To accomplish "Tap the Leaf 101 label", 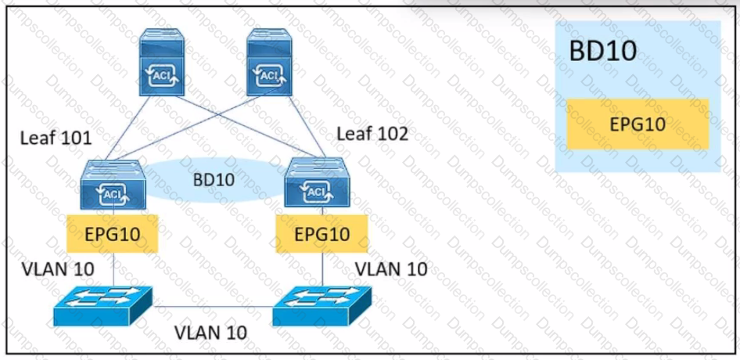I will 56,139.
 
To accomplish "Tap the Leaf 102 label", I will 372,133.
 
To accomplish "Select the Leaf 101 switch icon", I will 113,185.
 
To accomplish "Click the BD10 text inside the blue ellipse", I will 214,179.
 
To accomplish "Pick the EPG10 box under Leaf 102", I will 322,233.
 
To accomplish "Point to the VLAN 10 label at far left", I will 59,269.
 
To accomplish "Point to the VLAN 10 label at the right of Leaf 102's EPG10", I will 391,269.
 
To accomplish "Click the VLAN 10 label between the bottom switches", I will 210,332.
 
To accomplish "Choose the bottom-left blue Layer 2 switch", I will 103,306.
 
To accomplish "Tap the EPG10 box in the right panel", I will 637,124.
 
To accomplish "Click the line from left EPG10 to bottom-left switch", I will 113,269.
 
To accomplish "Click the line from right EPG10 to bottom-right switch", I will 323,269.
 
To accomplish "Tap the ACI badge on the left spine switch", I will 160,75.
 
